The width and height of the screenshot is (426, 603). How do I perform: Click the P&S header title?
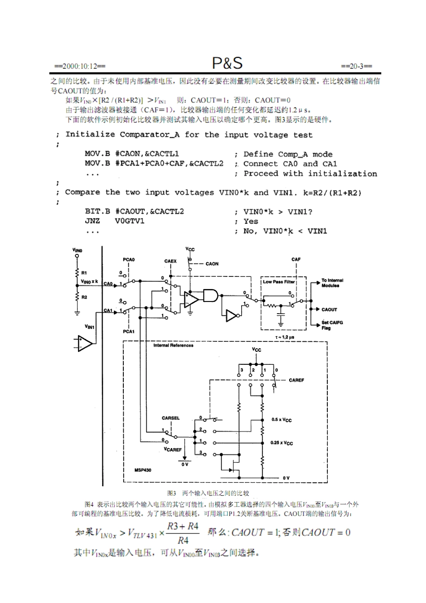[x=227, y=63]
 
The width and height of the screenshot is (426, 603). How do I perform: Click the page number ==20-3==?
[x=356, y=66]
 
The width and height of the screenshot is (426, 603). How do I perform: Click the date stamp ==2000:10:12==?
[x=80, y=66]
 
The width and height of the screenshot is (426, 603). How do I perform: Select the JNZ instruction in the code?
[x=92, y=221]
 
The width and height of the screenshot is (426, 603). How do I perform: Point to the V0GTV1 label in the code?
[x=130, y=221]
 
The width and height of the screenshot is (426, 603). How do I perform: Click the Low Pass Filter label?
[x=278, y=282]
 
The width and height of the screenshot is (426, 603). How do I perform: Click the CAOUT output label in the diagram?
[x=329, y=310]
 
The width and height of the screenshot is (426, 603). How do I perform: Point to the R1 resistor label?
[x=84, y=273]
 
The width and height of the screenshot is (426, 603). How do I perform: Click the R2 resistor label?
[x=84, y=297]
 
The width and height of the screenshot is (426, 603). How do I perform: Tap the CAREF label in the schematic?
[x=296, y=380]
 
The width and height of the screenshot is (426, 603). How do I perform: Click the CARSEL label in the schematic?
[x=170, y=418]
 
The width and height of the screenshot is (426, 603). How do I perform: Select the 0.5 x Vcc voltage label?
[x=281, y=420]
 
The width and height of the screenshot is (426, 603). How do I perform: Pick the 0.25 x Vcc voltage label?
[x=281, y=443]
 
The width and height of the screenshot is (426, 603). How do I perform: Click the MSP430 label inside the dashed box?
[x=143, y=470]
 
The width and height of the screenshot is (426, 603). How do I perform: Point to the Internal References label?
[x=173, y=345]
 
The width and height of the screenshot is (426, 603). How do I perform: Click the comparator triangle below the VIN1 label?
[x=84, y=343]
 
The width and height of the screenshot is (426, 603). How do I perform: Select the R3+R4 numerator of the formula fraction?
[x=183, y=526]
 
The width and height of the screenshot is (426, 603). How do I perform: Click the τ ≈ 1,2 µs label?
[x=285, y=337]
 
